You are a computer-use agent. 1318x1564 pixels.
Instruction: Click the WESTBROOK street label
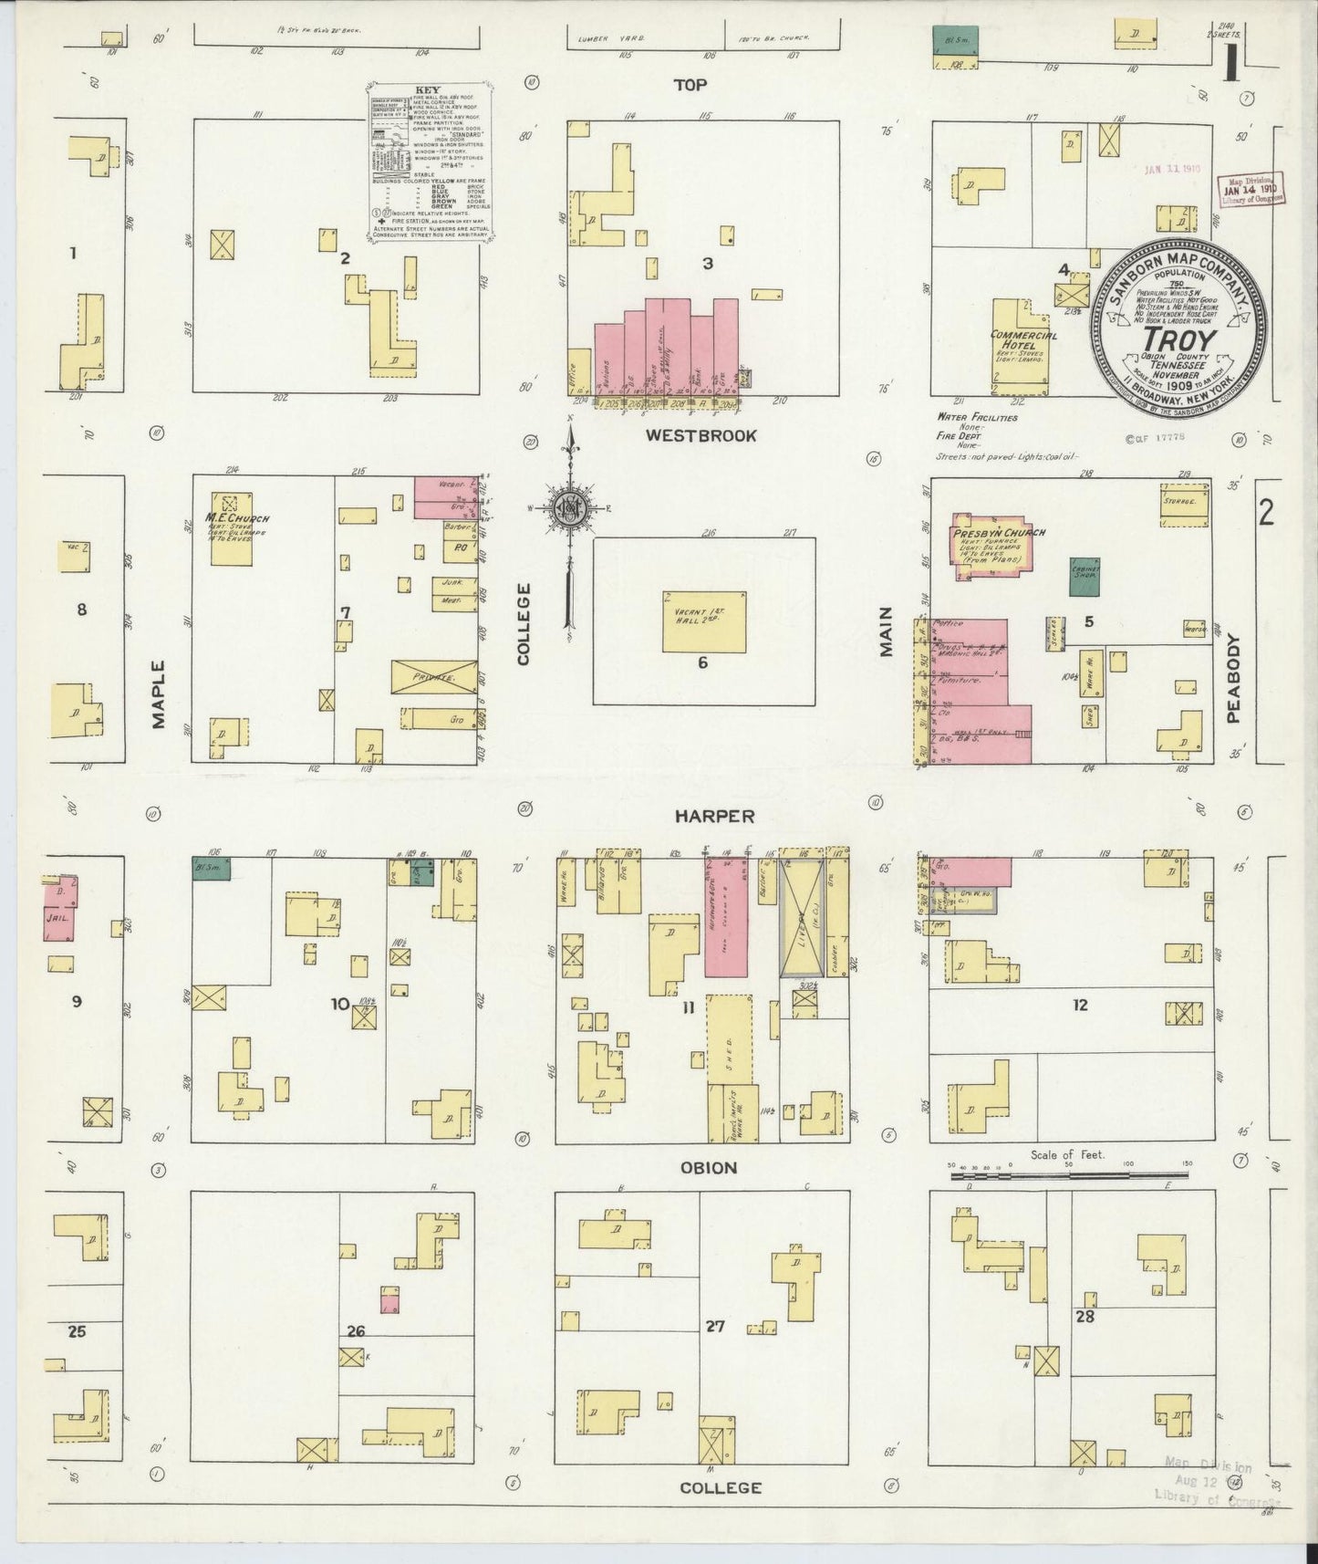701,435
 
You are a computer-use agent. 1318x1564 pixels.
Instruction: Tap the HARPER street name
714,816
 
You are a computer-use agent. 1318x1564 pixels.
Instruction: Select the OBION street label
708,1167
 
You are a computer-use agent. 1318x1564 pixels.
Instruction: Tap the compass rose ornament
568,508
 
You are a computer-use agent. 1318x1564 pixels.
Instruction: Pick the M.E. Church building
232,528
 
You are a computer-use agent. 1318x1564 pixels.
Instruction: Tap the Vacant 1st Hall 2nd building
703,621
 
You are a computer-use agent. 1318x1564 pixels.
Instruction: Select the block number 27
714,1325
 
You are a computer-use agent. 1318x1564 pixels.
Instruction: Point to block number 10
339,1004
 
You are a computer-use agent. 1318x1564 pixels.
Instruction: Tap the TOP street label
690,85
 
